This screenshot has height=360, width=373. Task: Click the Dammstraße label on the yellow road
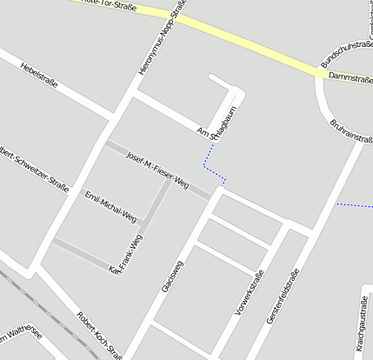[350, 77]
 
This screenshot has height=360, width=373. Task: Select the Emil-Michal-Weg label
[110, 205]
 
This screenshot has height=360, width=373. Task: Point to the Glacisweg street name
[172, 275]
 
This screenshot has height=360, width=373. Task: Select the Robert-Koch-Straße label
[99, 334]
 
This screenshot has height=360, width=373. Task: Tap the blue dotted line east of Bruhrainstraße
[354, 205]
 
